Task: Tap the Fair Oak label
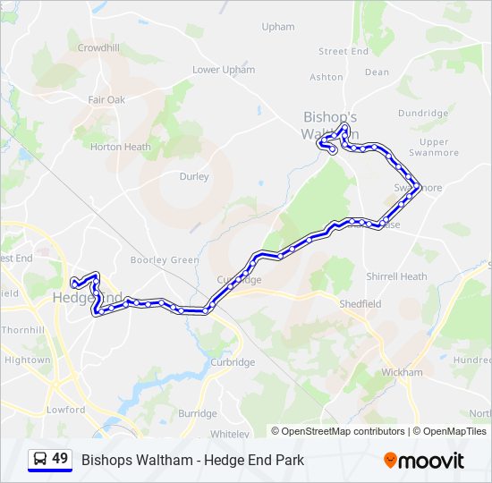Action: tap(106, 100)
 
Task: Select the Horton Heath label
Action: tap(120, 147)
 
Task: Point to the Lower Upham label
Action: tap(224, 70)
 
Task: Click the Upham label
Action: tap(277, 27)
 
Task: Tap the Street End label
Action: tap(344, 52)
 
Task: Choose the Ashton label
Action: tap(326, 78)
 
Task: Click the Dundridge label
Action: tap(422, 114)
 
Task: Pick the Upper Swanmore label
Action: tap(434, 148)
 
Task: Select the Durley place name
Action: tap(194, 177)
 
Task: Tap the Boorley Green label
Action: tap(165, 260)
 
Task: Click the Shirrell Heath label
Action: tap(396, 277)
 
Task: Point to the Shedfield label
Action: tap(360, 304)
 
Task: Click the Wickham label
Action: tap(401, 372)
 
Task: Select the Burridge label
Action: tap(197, 414)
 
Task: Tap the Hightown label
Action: tap(28, 360)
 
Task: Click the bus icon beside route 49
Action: tap(39, 459)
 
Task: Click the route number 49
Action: tap(60, 459)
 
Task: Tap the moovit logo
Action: tap(424, 461)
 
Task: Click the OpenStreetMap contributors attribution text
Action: tap(343, 431)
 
